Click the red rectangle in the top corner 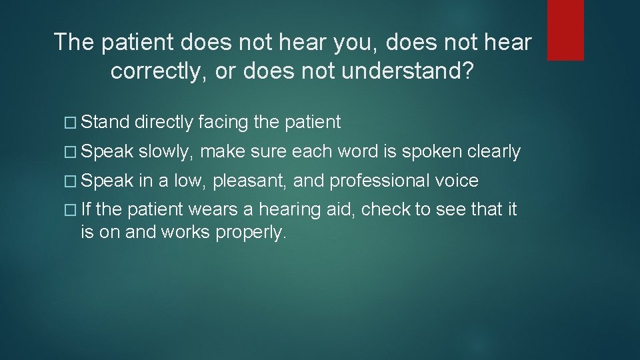tap(565, 30)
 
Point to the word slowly tap(167, 152)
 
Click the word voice tap(457, 181)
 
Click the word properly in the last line tap(251, 233)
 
